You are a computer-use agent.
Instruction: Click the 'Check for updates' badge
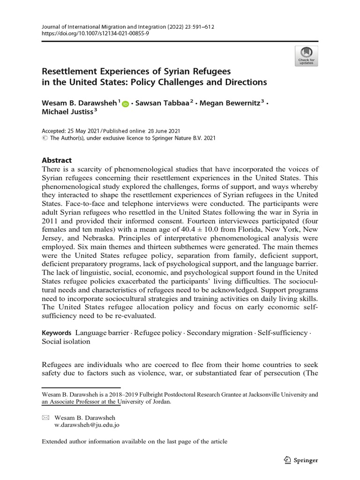point(306,56)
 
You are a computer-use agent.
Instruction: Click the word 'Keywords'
point(57,333)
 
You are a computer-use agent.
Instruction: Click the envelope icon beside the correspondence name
point(45,417)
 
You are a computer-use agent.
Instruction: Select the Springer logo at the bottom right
point(301,460)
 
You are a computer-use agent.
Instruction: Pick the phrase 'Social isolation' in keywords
point(66,342)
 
